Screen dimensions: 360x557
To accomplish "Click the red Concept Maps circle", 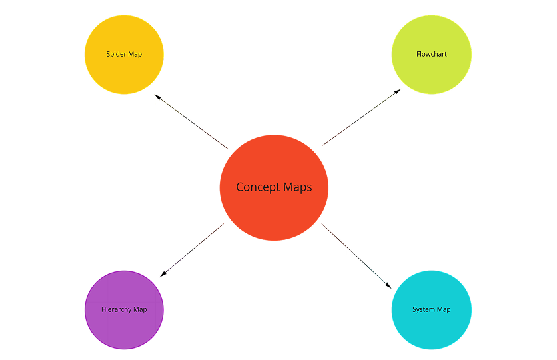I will coord(274,207).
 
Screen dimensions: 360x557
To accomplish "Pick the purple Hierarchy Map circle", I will coord(124,327).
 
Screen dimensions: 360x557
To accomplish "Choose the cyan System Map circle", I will coord(431,327).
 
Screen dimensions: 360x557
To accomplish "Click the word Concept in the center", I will coord(258,187).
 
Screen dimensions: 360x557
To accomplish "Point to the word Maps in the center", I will coord(297,187).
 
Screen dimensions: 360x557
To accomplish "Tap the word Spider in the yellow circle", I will coord(116,54).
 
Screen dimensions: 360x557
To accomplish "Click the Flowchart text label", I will coord(432,54).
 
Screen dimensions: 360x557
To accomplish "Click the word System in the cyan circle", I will coord(423,309).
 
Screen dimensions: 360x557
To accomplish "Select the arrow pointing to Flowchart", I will coord(361,117).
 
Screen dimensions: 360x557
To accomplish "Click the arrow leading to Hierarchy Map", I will coord(192,250).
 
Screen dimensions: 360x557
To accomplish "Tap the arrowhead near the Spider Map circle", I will coord(158,97).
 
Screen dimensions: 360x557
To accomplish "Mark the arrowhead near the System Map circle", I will coord(389,285).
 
